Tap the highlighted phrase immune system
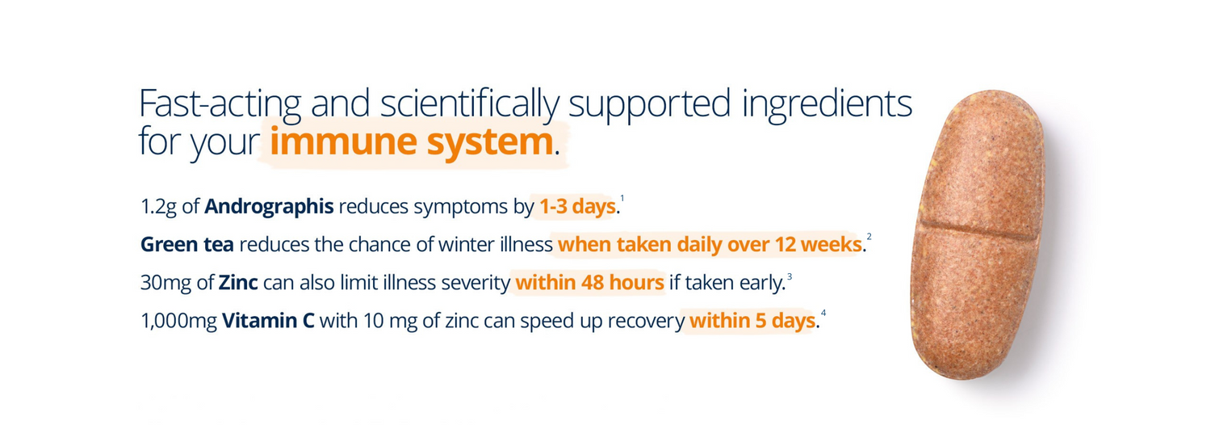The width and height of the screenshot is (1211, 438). pyautogui.click(x=411, y=142)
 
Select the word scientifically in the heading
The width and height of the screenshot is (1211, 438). pyautogui.click(x=468, y=105)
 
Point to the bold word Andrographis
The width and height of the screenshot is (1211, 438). pyautogui.click(x=269, y=207)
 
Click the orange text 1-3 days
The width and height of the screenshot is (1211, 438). pyautogui.click(x=576, y=207)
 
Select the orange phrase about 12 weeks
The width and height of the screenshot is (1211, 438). pyautogui.click(x=709, y=245)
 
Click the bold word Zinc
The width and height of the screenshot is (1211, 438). pyautogui.click(x=237, y=283)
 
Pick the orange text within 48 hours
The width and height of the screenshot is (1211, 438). pyautogui.click(x=589, y=283)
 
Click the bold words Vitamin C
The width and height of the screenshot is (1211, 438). pyautogui.click(x=268, y=321)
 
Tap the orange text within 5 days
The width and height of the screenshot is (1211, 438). pyautogui.click(x=751, y=321)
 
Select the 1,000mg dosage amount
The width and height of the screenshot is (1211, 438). pyautogui.click(x=178, y=321)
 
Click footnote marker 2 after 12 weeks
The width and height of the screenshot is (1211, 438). pyautogui.click(x=869, y=237)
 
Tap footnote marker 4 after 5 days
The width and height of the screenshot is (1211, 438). pyautogui.click(x=823, y=313)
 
